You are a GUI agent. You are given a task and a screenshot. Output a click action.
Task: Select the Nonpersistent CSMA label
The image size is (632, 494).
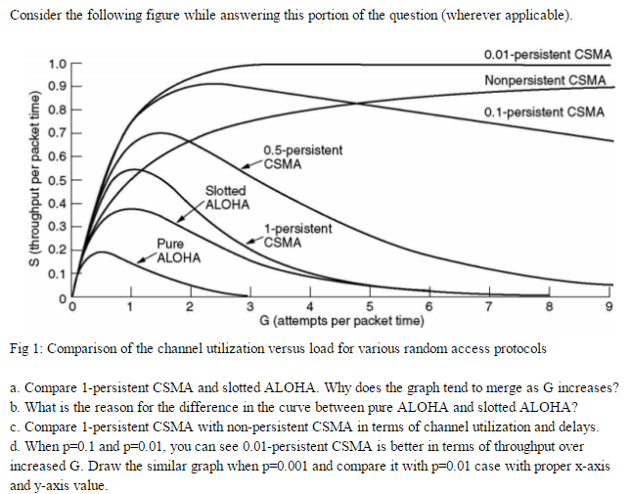[545, 79]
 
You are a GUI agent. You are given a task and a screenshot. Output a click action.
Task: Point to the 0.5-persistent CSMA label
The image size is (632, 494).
[302, 157]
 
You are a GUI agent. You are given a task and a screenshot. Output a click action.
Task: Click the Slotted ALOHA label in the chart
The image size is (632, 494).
[226, 197]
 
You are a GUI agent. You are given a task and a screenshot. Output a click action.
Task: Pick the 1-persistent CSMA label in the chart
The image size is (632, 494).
[298, 235]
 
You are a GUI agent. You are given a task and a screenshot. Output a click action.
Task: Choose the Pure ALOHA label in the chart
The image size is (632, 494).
[179, 251]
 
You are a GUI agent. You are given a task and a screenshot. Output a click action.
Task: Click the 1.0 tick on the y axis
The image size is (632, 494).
[56, 65]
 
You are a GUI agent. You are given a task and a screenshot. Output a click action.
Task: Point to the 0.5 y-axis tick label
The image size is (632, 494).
[56, 180]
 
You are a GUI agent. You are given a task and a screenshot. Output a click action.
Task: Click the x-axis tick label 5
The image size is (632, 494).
[370, 310]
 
